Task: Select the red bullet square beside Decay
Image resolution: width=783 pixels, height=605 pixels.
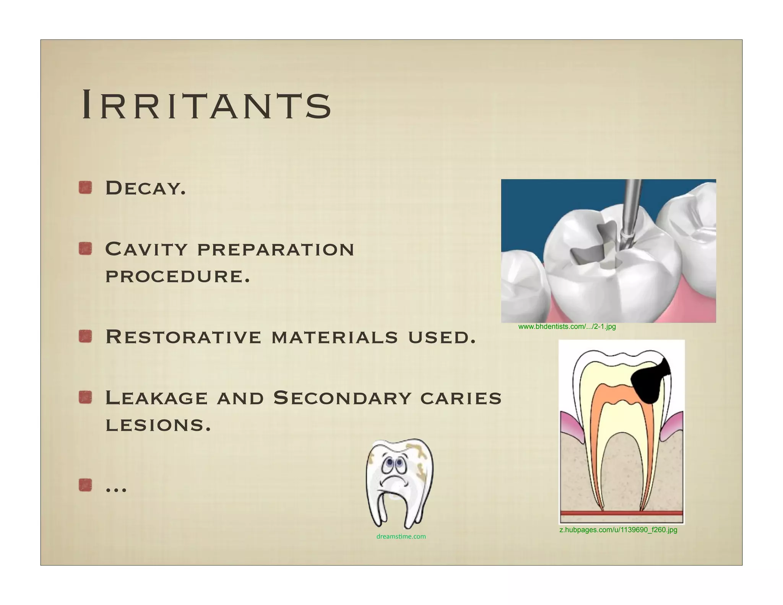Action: (85, 188)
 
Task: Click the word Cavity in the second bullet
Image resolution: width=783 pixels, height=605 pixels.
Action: (146, 249)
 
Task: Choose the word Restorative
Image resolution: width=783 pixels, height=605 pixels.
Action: (183, 337)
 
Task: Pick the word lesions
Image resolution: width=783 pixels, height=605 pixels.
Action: (158, 425)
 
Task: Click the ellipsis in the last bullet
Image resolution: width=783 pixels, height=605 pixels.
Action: (116, 488)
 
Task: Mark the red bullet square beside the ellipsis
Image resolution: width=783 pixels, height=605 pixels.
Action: (85, 486)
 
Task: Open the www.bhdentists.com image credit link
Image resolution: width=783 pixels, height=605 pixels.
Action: (567, 327)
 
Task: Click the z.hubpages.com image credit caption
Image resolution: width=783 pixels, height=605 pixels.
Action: (618, 530)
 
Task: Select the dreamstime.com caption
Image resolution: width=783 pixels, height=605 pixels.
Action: (401, 537)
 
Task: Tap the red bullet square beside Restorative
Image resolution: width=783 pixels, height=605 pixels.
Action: (85, 337)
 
